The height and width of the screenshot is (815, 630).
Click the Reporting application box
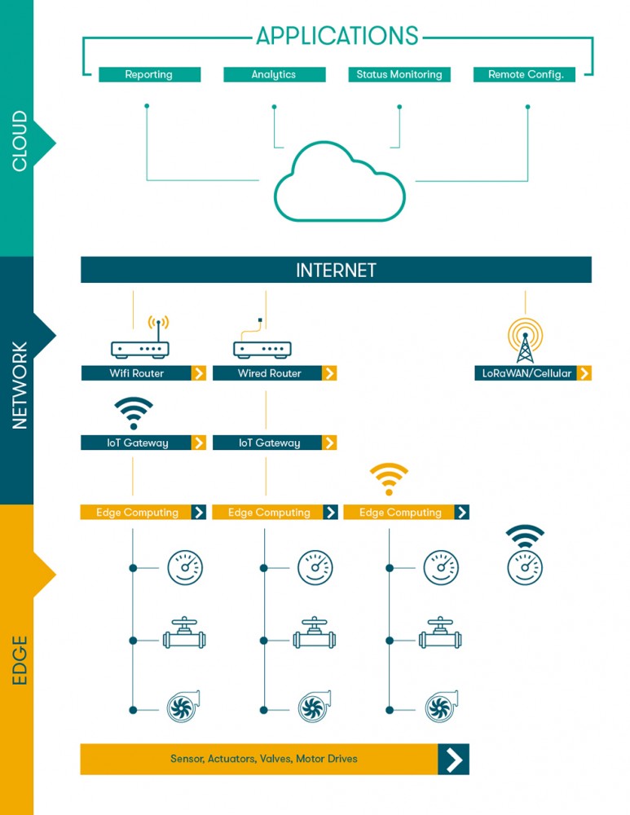(x=150, y=74)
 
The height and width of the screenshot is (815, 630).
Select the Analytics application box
(x=275, y=74)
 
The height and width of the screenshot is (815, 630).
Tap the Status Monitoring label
(x=399, y=74)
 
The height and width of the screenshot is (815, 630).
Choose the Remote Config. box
(x=524, y=74)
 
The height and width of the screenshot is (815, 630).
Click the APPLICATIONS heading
(x=337, y=36)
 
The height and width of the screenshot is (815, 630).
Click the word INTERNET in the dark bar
(x=336, y=271)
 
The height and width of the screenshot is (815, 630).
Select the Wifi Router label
(x=136, y=373)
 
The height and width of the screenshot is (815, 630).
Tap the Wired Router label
(x=269, y=373)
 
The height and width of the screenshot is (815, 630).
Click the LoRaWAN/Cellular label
(x=526, y=373)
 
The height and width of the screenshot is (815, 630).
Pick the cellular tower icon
(x=525, y=341)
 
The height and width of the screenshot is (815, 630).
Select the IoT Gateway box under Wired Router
(x=275, y=443)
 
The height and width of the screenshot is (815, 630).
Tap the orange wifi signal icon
(x=389, y=478)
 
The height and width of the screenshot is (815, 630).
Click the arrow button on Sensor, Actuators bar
(x=454, y=760)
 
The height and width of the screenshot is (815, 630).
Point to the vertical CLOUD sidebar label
(x=20, y=141)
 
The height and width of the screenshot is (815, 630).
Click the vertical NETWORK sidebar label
(x=20, y=385)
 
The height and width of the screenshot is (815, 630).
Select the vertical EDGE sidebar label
(x=20, y=660)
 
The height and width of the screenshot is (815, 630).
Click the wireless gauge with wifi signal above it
(x=525, y=554)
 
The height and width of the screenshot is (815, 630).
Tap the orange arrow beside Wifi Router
(x=199, y=373)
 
